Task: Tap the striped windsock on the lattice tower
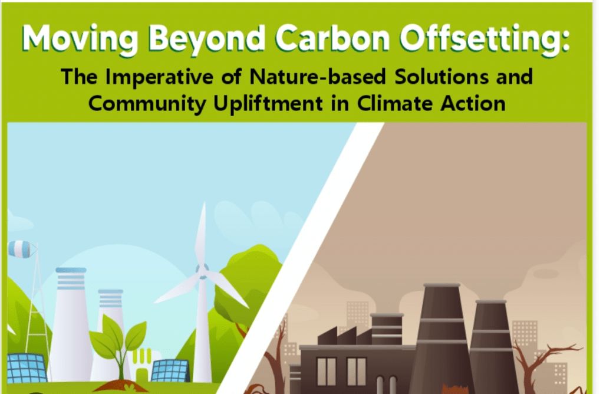[21, 249]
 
